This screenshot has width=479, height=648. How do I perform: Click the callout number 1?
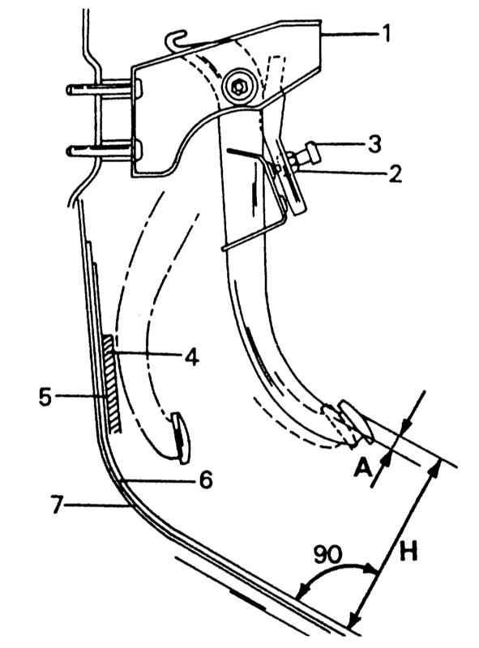coord(386,34)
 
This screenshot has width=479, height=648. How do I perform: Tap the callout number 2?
coord(394,173)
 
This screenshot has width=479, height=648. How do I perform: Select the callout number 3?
coord(374,144)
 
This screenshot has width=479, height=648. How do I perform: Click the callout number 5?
coord(45,397)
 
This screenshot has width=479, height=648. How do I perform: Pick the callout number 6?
coord(205,480)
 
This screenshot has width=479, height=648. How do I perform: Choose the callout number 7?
coord(59,505)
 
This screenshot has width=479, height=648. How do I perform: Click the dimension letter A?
coord(362,468)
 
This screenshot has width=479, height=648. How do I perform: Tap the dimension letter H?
coord(408,552)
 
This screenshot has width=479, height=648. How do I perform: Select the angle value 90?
coord(327,555)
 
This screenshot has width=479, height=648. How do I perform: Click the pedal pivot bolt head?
coord(237,87)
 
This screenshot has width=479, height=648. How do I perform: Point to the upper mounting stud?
coord(105,88)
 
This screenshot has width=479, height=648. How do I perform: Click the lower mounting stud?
coord(105,150)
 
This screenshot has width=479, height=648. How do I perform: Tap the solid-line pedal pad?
coord(357,421)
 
